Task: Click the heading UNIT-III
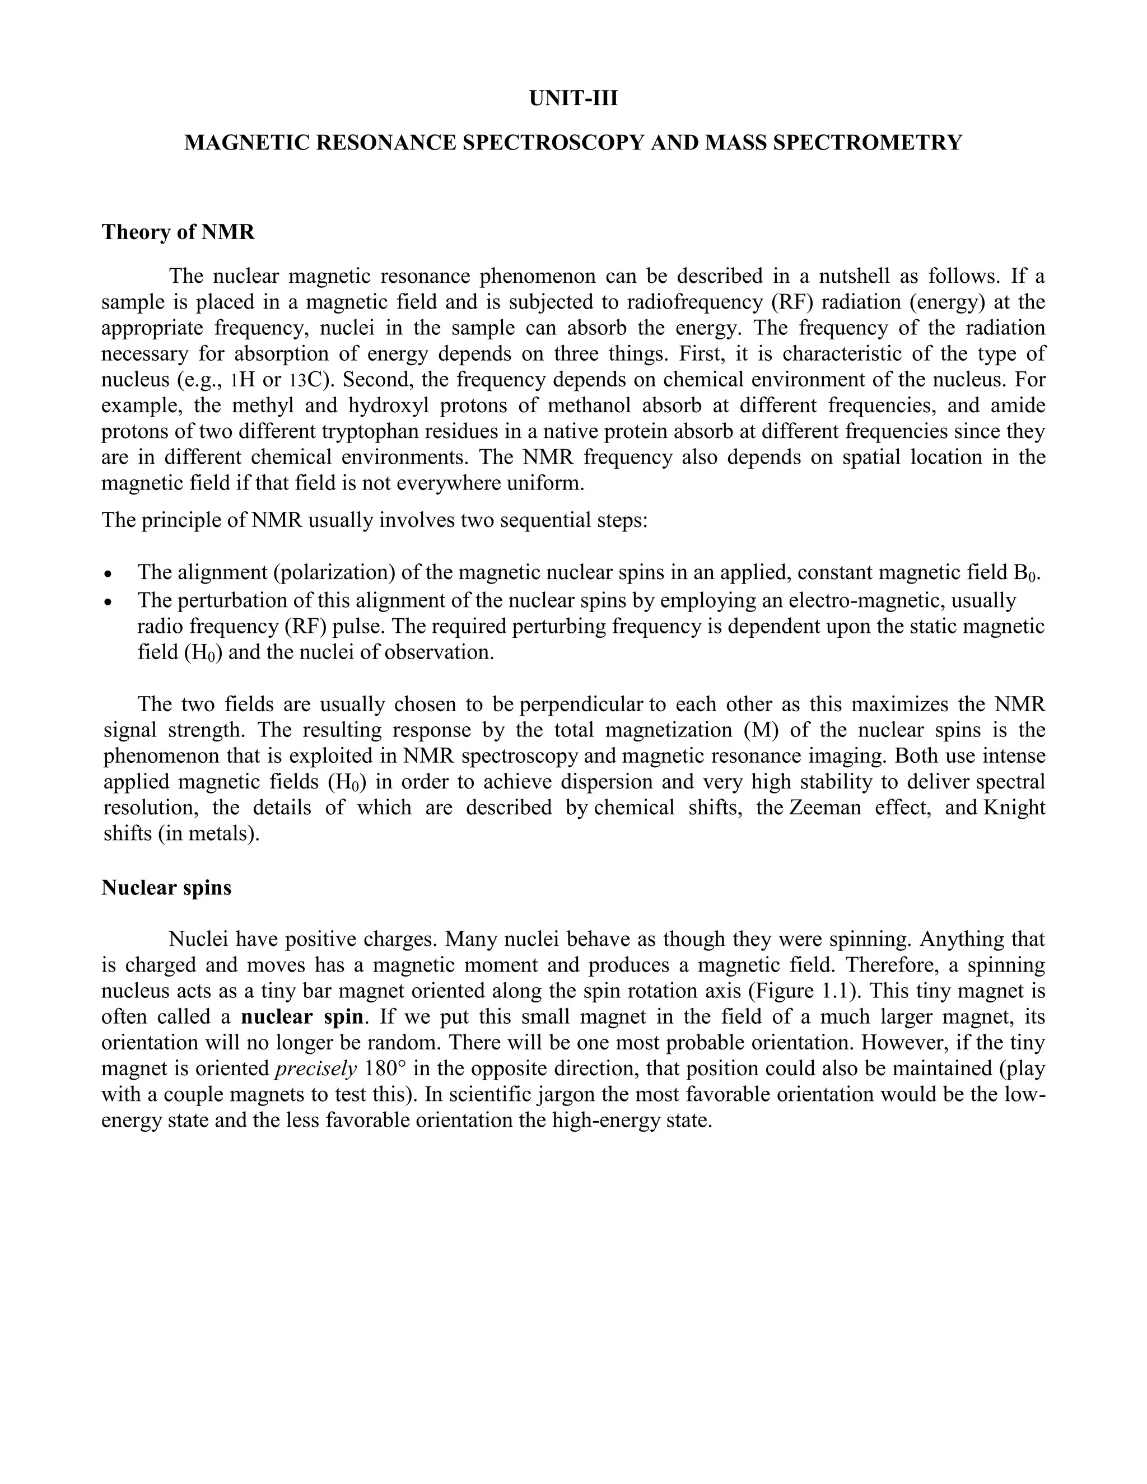573,99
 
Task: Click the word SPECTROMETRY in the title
868,143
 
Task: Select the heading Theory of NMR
178,232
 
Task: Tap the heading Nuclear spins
166,888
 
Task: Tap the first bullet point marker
108,574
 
